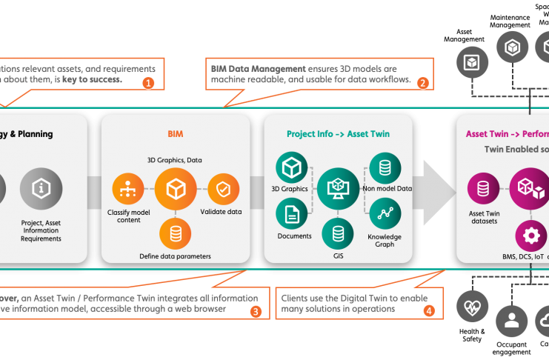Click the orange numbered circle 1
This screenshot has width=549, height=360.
coord(148,82)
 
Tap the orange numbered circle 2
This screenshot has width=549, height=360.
coord(423,82)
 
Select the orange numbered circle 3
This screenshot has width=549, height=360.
coord(255,312)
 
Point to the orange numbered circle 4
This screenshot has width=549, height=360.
coord(429,312)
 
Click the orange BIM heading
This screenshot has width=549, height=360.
coord(175,134)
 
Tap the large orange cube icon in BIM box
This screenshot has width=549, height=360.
coord(176,190)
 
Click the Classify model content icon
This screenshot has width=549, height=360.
coord(127,190)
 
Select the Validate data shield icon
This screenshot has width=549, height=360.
coord(222,190)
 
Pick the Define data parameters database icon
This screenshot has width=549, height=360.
coord(176,234)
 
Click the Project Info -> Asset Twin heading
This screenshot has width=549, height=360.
coord(338,134)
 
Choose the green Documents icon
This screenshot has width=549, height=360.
coord(291,214)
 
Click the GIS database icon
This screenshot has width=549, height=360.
coord(338,233)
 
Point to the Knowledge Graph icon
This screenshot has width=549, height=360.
coord(385,214)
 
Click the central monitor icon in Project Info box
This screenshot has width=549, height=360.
coord(338,190)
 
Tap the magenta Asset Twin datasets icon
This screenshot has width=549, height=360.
coord(483,190)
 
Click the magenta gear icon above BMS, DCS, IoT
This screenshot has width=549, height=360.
coord(530,236)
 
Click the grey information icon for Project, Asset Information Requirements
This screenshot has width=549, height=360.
coord(41,190)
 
